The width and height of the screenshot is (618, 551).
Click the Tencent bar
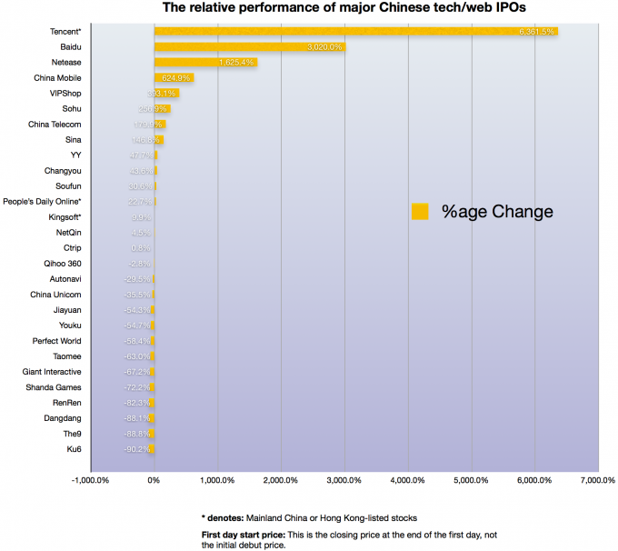pyautogui.click(x=354, y=31)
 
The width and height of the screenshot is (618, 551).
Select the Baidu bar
pyautogui.click(x=250, y=46)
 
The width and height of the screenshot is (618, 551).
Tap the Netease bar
pyautogui.click(x=205, y=62)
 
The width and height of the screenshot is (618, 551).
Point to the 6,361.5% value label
pyautogui.click(x=536, y=31)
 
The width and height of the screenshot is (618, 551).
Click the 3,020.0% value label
pyautogui.click(x=324, y=46)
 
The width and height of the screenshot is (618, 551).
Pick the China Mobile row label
pyautogui.click(x=56, y=77)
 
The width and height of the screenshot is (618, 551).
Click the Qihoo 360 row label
pyautogui.click(x=62, y=263)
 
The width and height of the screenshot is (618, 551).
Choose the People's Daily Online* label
pyautogui.click(x=43, y=201)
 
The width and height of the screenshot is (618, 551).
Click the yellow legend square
pyautogui.click(x=420, y=211)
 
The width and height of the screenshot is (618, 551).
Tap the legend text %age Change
pyautogui.click(x=497, y=211)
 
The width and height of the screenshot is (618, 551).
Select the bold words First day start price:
pyautogui.click(x=238, y=532)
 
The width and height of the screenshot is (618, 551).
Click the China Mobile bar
pyautogui.click(x=174, y=77)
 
